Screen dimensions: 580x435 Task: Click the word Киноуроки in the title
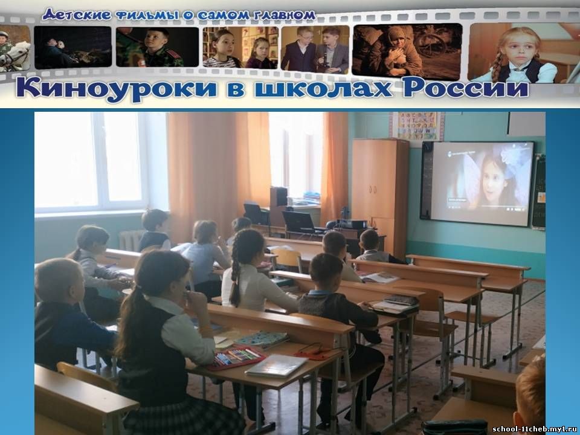tap(117, 90)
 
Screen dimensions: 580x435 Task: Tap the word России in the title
tap(466, 89)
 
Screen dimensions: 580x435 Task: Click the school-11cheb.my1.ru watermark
tap(535, 429)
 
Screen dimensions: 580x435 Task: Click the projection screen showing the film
tap(482, 183)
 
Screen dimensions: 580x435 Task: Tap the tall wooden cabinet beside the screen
tap(380, 196)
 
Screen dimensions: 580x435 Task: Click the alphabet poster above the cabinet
tap(417, 126)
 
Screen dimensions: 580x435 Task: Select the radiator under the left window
tap(130, 240)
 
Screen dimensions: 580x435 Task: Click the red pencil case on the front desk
tap(236, 358)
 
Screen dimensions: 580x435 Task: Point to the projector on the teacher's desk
tap(349, 224)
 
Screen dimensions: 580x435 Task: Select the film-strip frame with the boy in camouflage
tap(157, 47)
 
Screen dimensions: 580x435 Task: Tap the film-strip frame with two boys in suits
tap(315, 48)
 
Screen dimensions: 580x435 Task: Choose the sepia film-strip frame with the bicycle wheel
tap(407, 52)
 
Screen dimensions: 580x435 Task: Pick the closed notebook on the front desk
tap(276, 366)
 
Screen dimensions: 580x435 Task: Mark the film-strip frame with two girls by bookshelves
tap(240, 48)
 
